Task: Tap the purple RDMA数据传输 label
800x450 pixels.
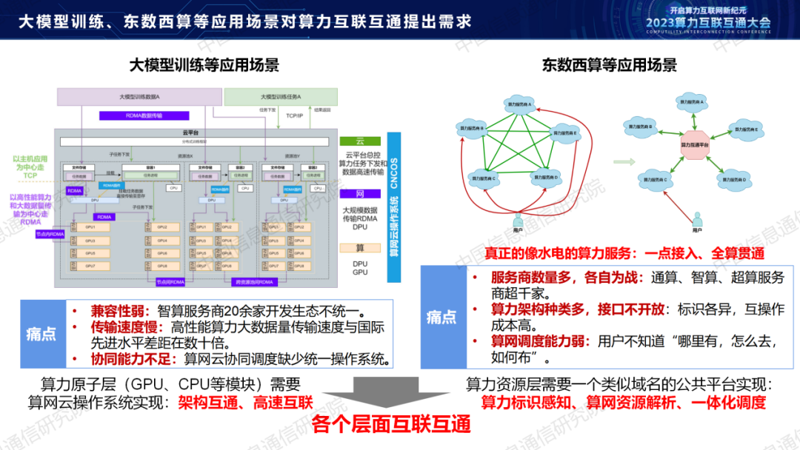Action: [144, 115]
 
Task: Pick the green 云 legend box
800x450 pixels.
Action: [360, 141]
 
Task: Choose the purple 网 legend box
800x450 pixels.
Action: [360, 194]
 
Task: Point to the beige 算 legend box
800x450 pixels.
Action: [360, 247]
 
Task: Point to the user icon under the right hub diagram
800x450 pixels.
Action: [698, 219]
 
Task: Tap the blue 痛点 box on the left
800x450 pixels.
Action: [41, 334]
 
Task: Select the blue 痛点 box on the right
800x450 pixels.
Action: [442, 317]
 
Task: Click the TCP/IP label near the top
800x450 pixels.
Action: [294, 115]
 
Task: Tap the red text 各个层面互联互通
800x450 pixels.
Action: [392, 425]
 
